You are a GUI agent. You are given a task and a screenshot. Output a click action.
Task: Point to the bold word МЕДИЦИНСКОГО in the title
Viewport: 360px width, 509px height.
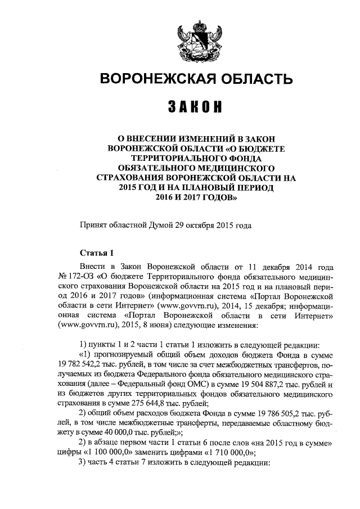coord(239,168)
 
